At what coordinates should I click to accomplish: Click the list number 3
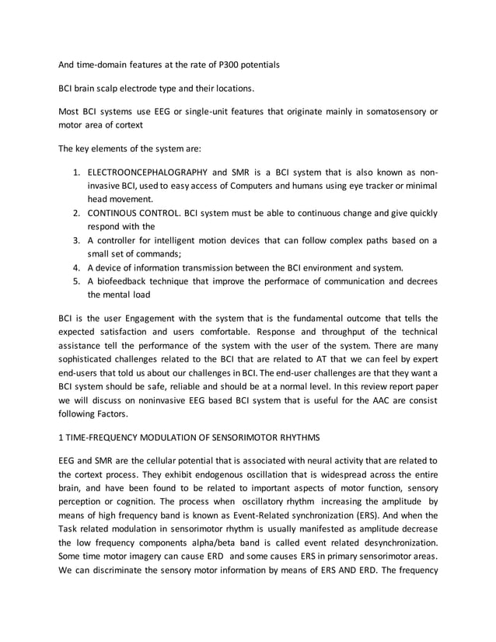point(77,239)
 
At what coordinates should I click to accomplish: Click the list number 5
point(77,281)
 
